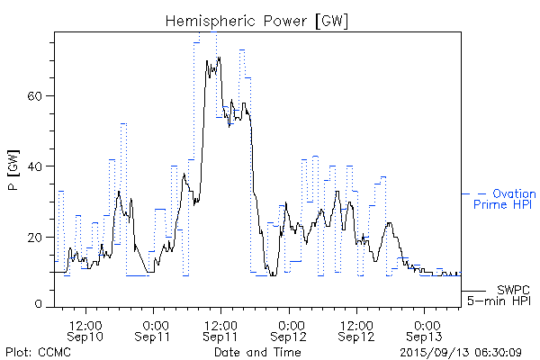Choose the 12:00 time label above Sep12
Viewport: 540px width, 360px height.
click(x=358, y=324)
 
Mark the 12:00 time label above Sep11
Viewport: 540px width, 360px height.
click(x=221, y=324)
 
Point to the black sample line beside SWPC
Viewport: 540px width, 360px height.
click(x=474, y=291)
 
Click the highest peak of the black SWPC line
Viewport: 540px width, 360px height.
click(x=219, y=58)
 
